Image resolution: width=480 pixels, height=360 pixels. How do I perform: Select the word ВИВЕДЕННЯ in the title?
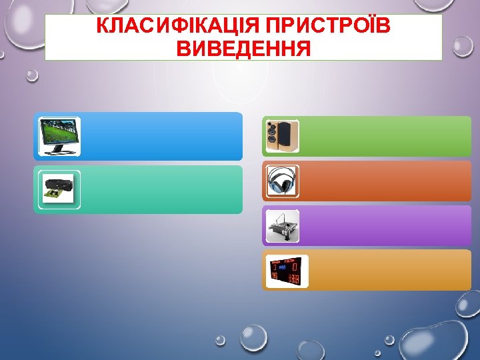(x=244, y=48)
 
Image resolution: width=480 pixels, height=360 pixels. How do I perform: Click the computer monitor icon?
(x=59, y=136)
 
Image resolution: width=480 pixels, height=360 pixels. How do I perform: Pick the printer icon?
(x=59, y=189)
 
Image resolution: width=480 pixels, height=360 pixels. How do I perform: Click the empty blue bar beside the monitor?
(x=160, y=136)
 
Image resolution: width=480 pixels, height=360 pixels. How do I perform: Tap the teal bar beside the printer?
(x=160, y=189)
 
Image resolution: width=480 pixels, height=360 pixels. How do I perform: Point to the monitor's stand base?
(x=58, y=151)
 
